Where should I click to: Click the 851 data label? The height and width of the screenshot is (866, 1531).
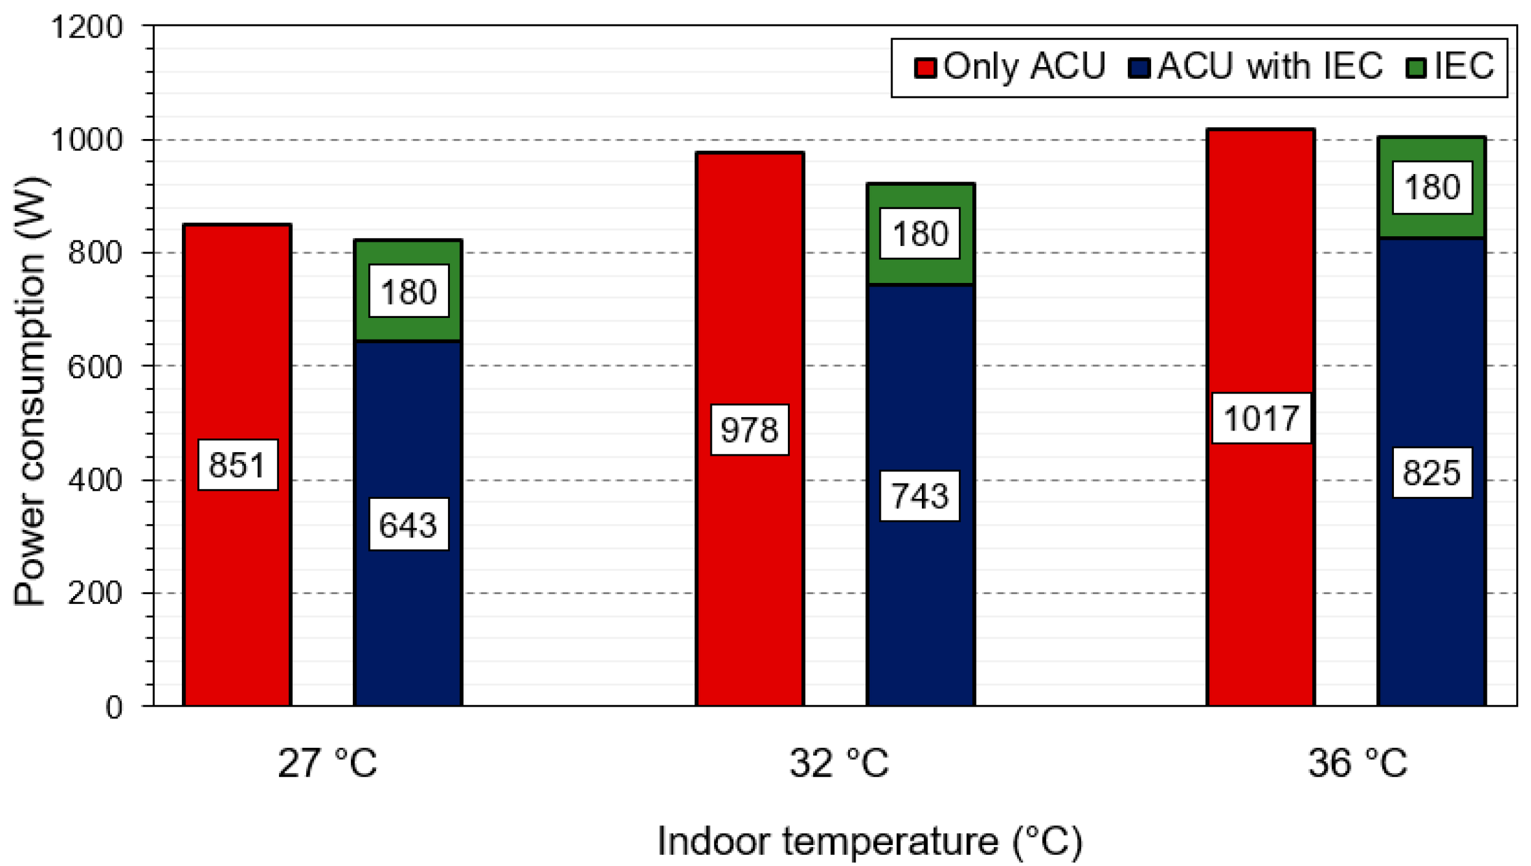click(x=237, y=465)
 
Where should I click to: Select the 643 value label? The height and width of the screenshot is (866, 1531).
click(x=409, y=525)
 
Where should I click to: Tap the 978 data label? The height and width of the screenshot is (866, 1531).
click(x=749, y=430)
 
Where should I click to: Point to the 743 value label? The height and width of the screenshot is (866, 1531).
click(x=919, y=496)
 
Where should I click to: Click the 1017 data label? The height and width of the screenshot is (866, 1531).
click(x=1261, y=419)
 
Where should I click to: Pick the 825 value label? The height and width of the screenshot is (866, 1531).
click(x=1431, y=473)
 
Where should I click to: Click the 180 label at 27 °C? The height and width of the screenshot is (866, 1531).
click(x=409, y=292)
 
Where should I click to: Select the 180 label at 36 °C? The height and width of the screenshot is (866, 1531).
click(x=1431, y=187)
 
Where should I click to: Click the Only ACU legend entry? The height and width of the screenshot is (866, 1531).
click(x=1011, y=66)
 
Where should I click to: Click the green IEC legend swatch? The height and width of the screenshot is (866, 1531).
click(x=1416, y=68)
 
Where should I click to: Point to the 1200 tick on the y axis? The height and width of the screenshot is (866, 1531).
click(x=87, y=27)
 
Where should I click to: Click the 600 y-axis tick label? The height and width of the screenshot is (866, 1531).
click(x=95, y=367)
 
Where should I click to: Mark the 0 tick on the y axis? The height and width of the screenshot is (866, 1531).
click(x=114, y=707)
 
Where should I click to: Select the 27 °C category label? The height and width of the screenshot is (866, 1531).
click(x=327, y=763)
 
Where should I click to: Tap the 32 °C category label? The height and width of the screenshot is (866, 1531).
click(x=839, y=763)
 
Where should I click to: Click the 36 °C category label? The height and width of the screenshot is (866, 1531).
click(x=1357, y=763)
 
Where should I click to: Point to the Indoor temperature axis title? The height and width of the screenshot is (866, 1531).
click(x=869, y=841)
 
